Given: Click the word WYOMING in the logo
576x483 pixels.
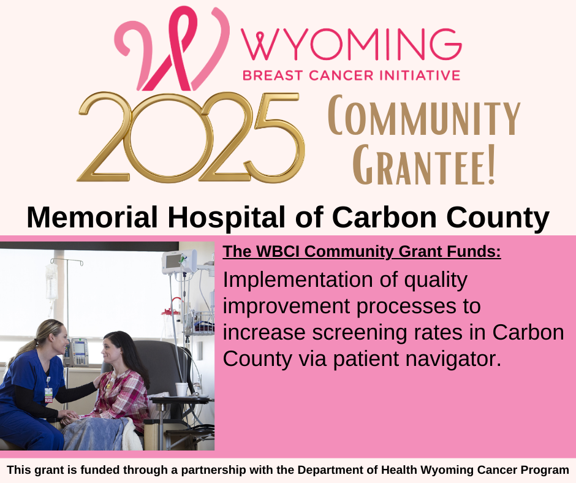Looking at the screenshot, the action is coord(351,45).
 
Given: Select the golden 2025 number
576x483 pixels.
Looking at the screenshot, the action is coord(191,137).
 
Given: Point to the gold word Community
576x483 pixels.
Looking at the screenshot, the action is coord(424,115).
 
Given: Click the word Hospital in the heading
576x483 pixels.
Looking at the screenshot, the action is coord(226,218).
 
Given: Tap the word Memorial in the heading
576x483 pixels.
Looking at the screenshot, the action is coord(92,218).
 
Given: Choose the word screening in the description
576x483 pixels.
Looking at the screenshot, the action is coord(359,333).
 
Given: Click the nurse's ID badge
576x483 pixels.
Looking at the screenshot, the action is coord(48,394).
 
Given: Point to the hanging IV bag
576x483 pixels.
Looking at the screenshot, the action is coord(51,281).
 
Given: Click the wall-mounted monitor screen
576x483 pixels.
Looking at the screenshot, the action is coord(173,261).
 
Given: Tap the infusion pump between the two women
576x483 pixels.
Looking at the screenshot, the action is coord(79,352).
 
